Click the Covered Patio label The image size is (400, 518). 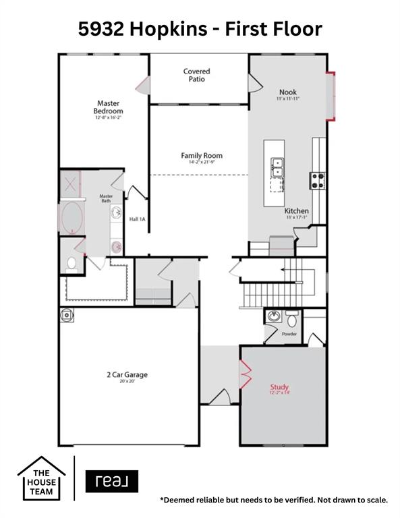pos(197,75)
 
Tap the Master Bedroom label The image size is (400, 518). pos(109,107)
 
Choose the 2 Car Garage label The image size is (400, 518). pos(127,375)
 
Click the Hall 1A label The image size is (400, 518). pos(138,219)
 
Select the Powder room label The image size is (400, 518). pos(289,333)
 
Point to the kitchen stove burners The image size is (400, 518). pos(317,180)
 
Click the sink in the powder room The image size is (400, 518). pos(273,316)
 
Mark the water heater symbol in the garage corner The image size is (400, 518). pos(66,314)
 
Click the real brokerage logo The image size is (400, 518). pos(111,481)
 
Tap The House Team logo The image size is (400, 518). pos(41,478)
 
